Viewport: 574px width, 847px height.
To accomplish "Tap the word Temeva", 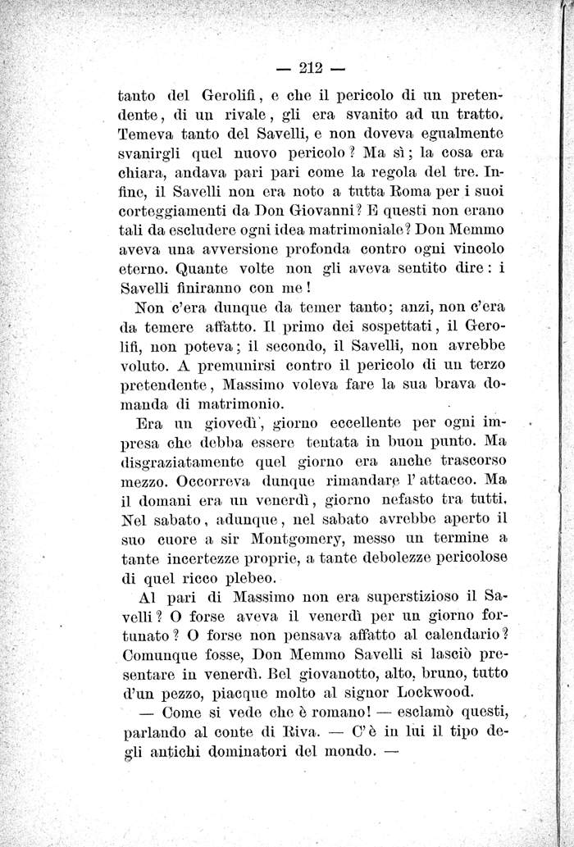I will (x=146, y=131).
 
